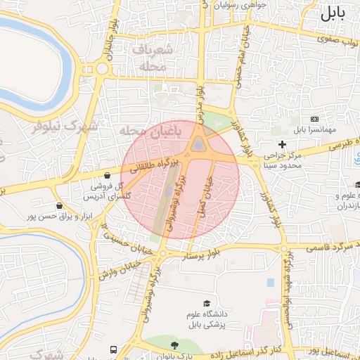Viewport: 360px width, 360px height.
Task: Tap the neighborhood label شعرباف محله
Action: pyautogui.click(x=148, y=58)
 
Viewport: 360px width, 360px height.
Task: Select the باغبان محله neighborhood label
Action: pyautogui.click(x=150, y=131)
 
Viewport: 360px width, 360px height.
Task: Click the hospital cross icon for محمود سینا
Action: pyautogui.click(x=283, y=144)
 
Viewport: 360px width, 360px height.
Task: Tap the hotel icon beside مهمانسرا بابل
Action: pyautogui.click(x=314, y=120)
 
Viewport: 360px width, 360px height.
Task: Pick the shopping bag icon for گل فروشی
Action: pyautogui.click(x=106, y=175)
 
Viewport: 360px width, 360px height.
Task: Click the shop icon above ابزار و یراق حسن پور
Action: pyautogui.click(x=58, y=206)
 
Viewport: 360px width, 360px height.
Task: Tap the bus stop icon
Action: pyautogui.click(x=113, y=349)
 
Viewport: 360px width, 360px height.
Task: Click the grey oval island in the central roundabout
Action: pyautogui.click(x=200, y=146)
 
